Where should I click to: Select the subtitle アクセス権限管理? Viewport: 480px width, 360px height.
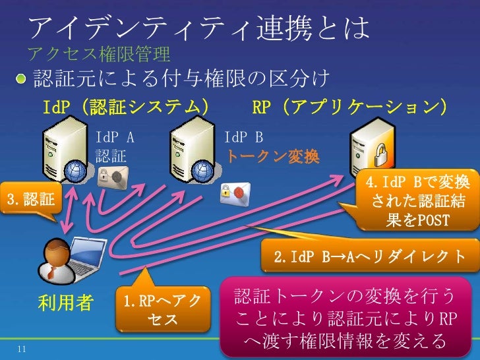99,53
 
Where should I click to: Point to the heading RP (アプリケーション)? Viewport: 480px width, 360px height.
350,107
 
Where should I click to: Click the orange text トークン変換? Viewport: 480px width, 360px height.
273,157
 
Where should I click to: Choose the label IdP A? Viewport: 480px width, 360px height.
115,138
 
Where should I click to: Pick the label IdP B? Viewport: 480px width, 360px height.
243,138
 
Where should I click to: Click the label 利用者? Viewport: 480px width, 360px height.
64,303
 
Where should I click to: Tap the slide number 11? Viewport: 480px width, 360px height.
22,349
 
